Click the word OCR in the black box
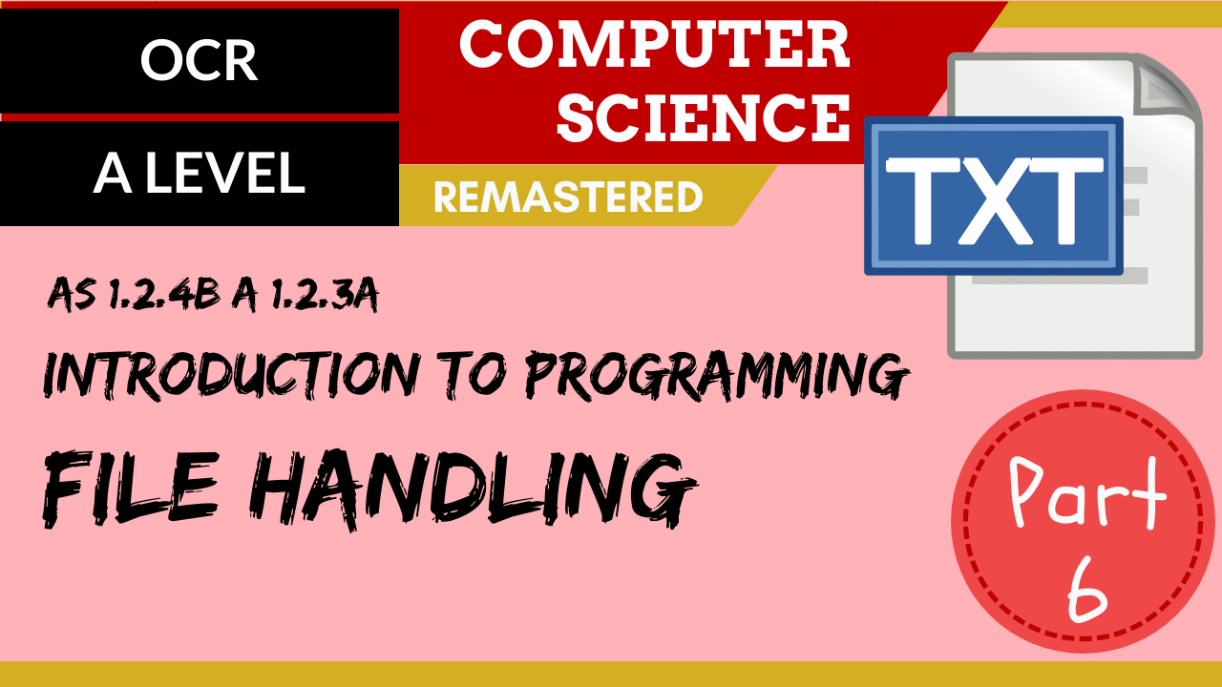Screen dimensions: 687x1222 coord(199,61)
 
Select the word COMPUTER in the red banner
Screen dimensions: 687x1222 coord(654,45)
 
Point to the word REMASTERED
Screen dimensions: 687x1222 coord(568,198)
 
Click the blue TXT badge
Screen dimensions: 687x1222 coord(993,196)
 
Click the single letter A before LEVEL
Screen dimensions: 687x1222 coord(113,173)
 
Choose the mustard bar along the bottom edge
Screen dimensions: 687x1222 coord(611,674)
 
